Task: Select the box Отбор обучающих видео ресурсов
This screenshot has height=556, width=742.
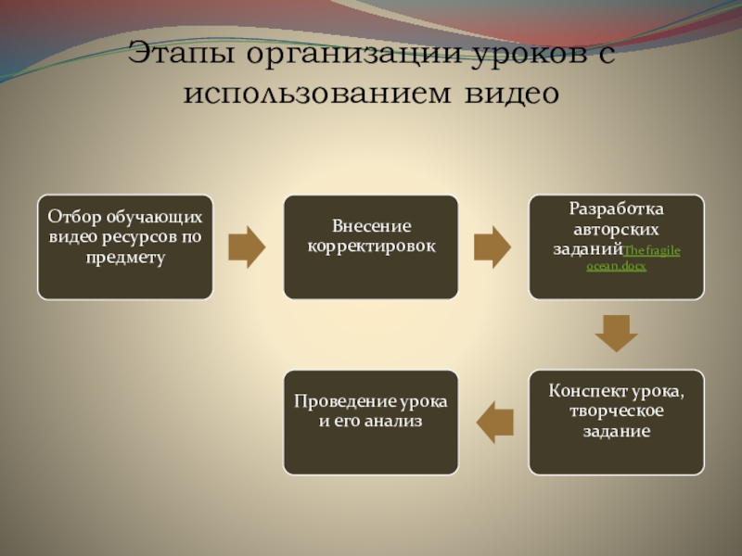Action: click(x=125, y=246)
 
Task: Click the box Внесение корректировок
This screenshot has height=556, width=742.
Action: click(x=371, y=246)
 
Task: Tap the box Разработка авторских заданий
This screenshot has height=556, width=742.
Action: click(x=617, y=246)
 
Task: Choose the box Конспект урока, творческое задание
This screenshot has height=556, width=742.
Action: click(x=617, y=423)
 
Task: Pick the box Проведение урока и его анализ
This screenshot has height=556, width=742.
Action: click(x=371, y=423)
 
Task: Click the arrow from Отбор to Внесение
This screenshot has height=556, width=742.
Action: click(x=248, y=246)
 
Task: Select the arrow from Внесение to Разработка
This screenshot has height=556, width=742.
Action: click(x=493, y=246)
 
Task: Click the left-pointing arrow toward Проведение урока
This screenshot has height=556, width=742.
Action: click(x=494, y=423)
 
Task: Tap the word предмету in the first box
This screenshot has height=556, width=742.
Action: click(x=125, y=257)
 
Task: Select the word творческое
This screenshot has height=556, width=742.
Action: click(x=617, y=411)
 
